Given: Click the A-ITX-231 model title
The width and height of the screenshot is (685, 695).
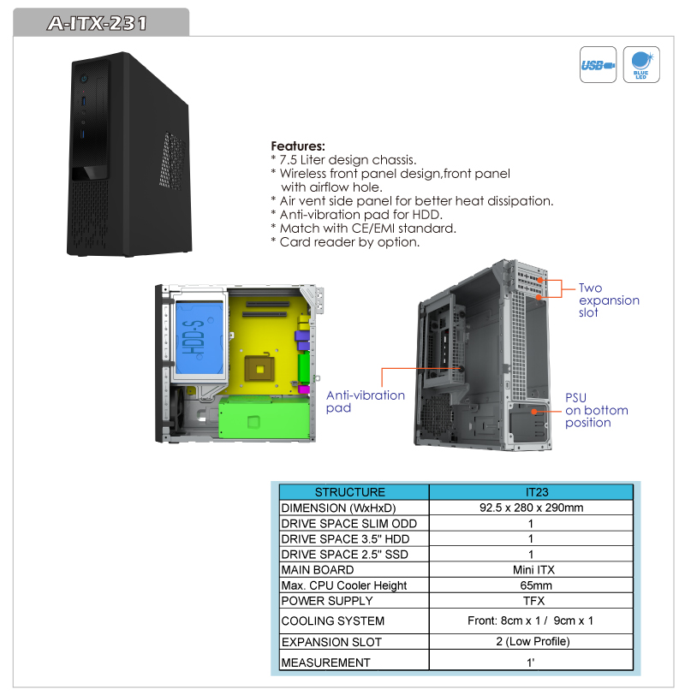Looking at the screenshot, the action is (97, 23).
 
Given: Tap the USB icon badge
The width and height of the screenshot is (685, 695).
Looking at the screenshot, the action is (598, 65).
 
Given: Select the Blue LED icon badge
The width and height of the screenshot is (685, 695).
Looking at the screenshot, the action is (641, 65).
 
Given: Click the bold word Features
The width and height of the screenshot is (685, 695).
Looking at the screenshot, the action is (298, 146).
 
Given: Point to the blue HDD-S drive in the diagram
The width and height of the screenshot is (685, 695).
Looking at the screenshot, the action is (200, 338).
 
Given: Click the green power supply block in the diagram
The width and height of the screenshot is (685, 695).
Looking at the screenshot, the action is (265, 417).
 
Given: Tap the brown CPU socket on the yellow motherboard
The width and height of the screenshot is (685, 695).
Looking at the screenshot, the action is (259, 369).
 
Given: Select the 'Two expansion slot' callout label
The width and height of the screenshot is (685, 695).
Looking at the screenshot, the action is (609, 300).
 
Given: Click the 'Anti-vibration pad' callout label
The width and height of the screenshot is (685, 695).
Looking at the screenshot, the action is (366, 401).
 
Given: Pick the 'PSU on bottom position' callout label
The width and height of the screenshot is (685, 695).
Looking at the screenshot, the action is (596, 410).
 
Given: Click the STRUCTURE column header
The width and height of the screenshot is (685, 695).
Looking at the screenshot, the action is (350, 492).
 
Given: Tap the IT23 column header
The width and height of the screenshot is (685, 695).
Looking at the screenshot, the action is (537, 492).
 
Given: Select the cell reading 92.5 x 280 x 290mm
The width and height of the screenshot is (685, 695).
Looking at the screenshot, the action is (531, 508).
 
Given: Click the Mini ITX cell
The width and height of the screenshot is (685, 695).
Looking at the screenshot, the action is (533, 569).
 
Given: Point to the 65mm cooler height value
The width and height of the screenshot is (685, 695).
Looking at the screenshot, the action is (536, 585).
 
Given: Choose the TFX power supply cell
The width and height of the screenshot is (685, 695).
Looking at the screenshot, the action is (533, 601).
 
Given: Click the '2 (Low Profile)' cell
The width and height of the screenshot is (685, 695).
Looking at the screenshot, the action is (533, 641).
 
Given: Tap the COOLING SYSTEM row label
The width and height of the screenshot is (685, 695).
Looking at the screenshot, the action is (332, 621).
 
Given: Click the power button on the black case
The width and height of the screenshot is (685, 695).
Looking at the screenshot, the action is (84, 79).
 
